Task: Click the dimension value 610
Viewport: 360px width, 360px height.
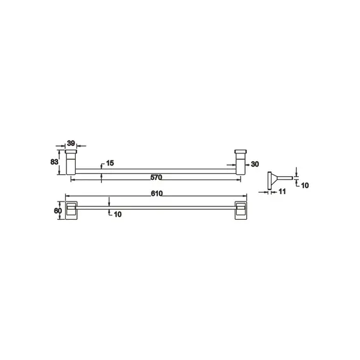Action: [157, 193]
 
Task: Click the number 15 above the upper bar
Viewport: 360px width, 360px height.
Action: [110, 163]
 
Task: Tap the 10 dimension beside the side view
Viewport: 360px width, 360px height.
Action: [304, 185]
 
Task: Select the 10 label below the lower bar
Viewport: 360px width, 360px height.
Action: [117, 215]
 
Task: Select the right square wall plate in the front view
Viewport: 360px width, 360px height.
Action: [240, 210]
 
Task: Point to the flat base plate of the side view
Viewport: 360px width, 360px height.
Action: [272, 181]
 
